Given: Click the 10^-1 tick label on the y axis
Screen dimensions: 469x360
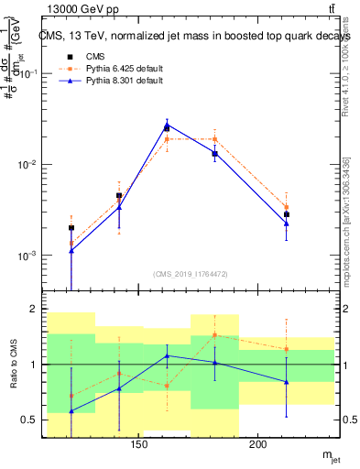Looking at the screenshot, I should click(29, 74).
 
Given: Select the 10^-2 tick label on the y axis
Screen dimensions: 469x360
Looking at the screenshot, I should click(29, 165).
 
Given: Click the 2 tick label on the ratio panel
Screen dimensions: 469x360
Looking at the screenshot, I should click(34, 310).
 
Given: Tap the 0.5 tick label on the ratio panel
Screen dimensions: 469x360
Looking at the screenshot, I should click(30, 420).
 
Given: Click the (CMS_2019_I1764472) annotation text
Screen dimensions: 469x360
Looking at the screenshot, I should click(191, 274).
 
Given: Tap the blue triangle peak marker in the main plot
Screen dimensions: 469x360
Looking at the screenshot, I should click(167, 125).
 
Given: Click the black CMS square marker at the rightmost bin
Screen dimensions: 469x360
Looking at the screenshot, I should click(287, 214).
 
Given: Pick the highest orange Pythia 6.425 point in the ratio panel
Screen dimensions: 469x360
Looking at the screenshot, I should click(214, 334).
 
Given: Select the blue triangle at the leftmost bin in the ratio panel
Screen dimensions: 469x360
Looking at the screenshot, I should click(71, 411).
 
